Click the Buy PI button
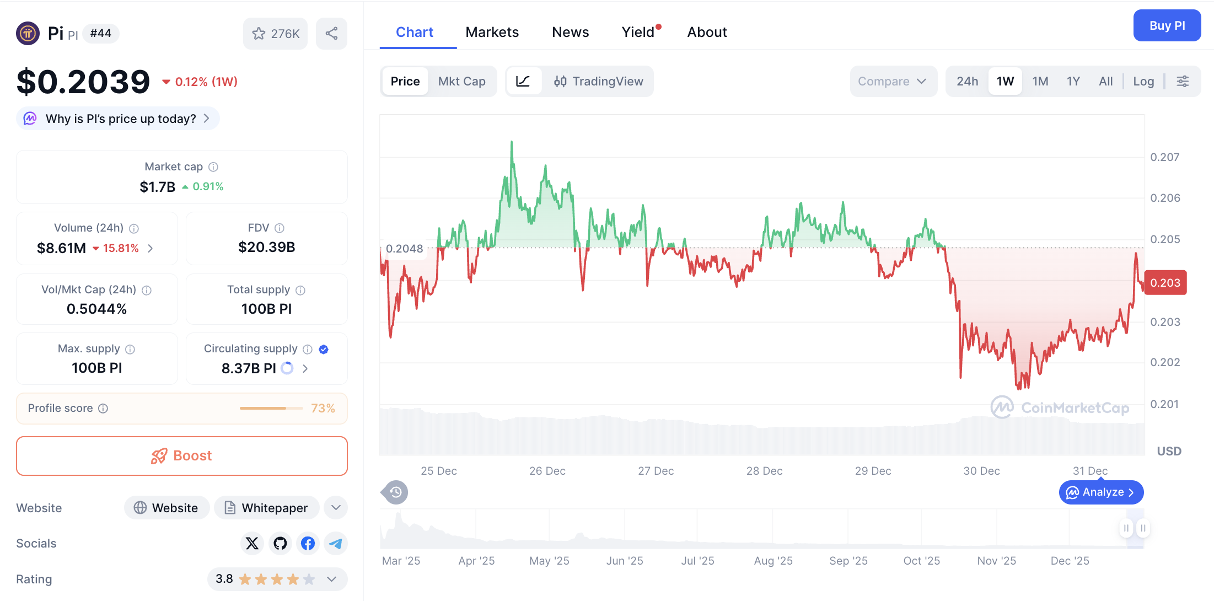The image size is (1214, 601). click(x=1167, y=25)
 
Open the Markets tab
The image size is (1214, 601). click(x=492, y=32)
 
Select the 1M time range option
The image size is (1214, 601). click(x=1040, y=82)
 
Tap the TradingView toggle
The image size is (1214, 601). click(x=599, y=82)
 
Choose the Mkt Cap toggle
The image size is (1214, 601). click(x=461, y=82)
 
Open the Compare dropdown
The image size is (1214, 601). click(x=892, y=82)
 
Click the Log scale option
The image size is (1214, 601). click(x=1143, y=82)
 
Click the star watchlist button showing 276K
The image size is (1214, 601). click(x=275, y=34)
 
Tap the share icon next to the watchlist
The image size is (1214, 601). click(x=331, y=34)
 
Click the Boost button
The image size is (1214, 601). click(x=182, y=456)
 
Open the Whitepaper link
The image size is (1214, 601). click(x=267, y=508)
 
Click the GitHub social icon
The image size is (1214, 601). click(x=280, y=544)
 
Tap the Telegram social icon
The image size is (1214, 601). click(x=335, y=544)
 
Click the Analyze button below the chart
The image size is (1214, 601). click(x=1101, y=492)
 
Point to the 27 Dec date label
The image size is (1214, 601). click(x=656, y=471)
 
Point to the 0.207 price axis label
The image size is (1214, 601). click(x=1164, y=157)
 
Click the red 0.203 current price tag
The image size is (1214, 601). click(x=1165, y=283)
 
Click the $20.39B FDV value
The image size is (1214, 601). click(x=267, y=247)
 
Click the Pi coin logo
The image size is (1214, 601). click(x=28, y=34)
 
